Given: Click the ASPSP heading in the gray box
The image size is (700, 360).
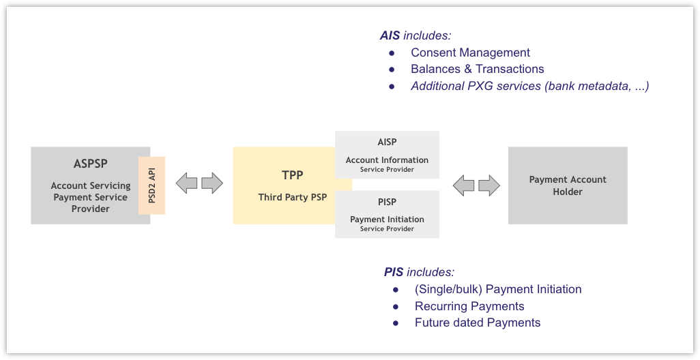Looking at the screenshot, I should pos(90,164).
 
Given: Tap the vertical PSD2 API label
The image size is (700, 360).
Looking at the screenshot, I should pos(151,185).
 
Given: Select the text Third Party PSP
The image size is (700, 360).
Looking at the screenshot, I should pos(292,198).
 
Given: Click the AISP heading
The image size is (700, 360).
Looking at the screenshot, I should pos(387,142).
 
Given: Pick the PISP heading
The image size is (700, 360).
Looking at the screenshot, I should pos(387,202).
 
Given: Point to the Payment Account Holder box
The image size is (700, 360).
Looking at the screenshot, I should pos(568,185).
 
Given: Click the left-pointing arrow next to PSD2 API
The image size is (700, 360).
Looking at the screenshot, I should pos(187,183).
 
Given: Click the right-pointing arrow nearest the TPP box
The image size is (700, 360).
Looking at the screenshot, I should pos(212,183).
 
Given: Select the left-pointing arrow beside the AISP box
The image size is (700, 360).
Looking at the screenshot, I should pos(464,185).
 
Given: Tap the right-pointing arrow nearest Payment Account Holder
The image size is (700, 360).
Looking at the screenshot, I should pos(489,185).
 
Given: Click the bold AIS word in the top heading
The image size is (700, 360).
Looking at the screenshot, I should pos(390,35).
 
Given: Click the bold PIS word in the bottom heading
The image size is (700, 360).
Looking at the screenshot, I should pos(394,272).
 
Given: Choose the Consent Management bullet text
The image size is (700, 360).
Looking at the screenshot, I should pos(470,52).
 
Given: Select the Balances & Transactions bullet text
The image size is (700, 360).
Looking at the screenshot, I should pos(477,69).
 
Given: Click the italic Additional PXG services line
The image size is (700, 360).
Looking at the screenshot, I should pos(529,86).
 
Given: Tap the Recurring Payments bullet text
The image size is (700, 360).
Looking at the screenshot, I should pos(469,306).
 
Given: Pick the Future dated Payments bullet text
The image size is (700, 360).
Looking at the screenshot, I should pos(477,322).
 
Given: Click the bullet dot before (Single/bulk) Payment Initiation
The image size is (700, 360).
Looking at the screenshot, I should pos(396,290).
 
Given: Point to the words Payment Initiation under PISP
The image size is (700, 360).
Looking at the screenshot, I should pos(387,220).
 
